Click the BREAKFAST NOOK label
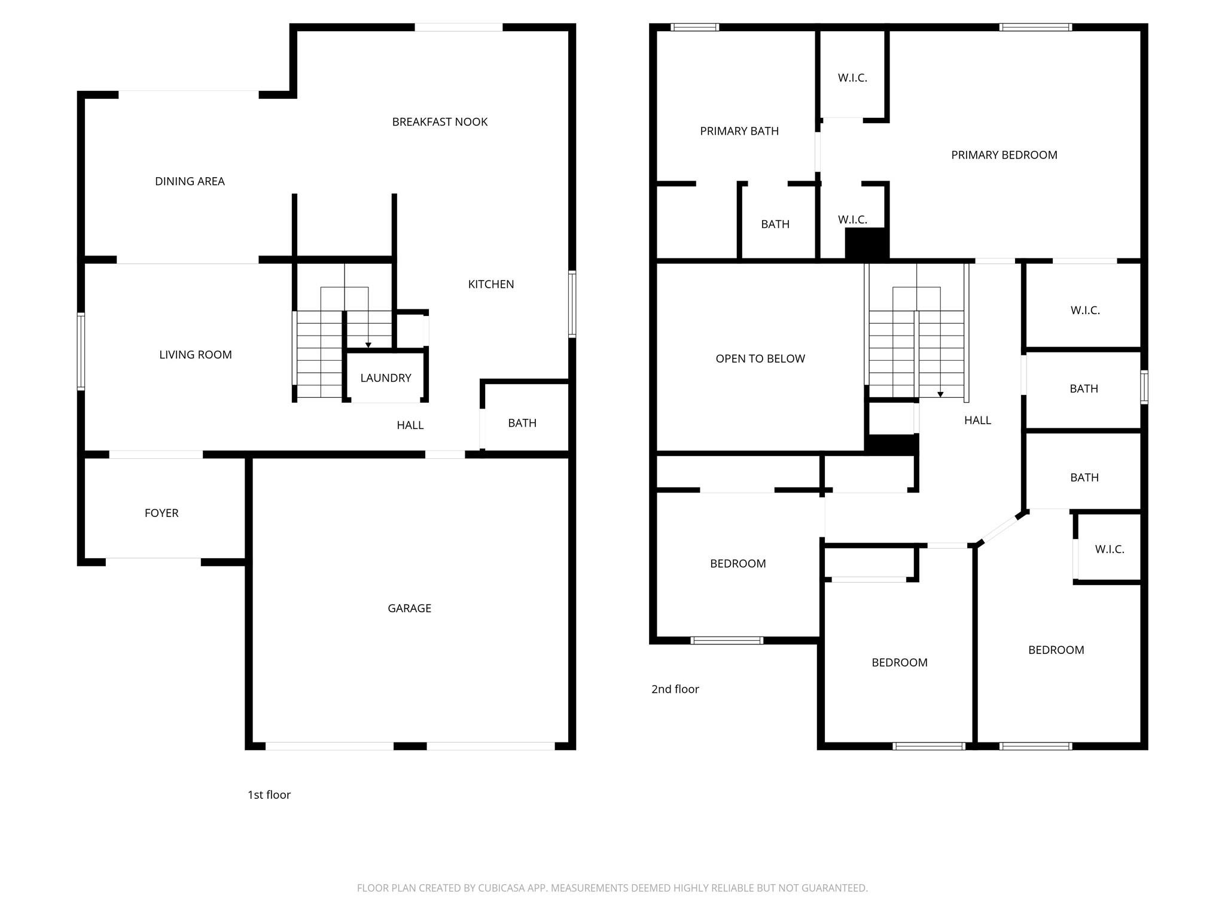tap(440, 122)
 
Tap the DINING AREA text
tap(190, 181)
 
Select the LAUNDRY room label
tap(386, 378)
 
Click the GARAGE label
tap(409, 608)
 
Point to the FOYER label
tap(161, 513)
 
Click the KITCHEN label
tap(490, 284)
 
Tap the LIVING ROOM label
tap(195, 355)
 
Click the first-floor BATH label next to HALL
tap(522, 423)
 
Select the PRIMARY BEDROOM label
tap(1004, 155)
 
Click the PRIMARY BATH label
tap(739, 131)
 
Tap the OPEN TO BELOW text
tap(760, 359)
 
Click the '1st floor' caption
tap(269, 795)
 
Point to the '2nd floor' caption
tap(675, 689)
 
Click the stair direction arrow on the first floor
tap(368, 345)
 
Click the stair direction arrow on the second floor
tap(940, 394)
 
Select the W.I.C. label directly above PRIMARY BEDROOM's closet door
tap(852, 78)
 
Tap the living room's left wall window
tap(81, 351)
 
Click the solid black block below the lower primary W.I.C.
tap(867, 244)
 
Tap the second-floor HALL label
tap(977, 421)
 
